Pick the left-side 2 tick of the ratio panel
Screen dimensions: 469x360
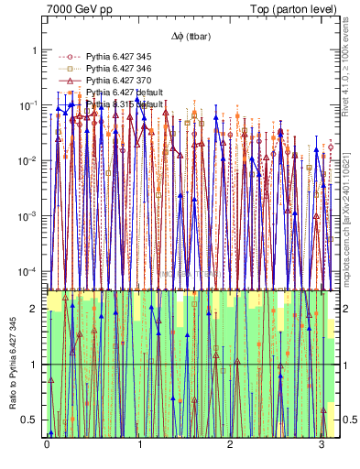click(34, 309)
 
